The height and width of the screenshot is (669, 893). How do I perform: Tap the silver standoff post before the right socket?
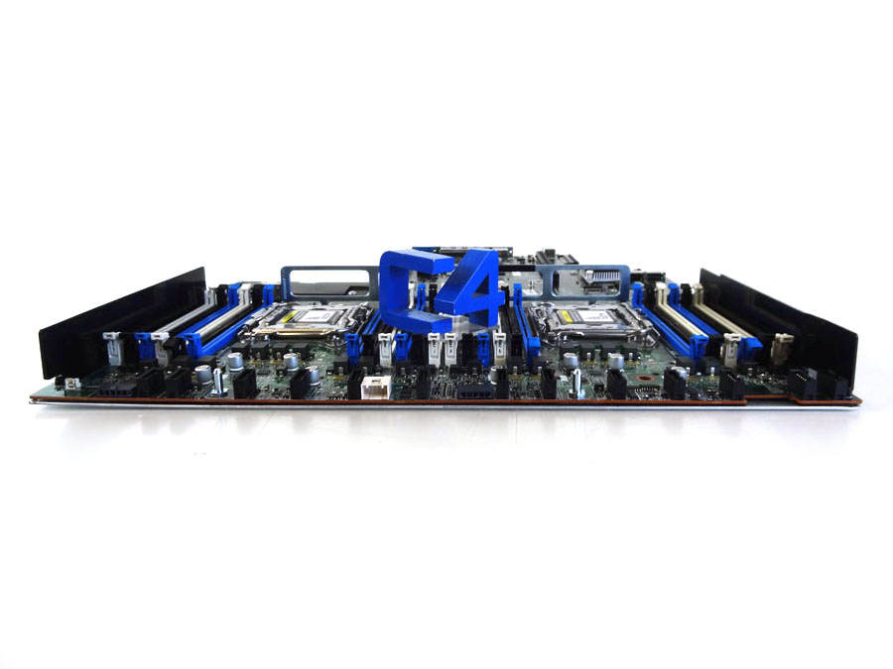[577, 386]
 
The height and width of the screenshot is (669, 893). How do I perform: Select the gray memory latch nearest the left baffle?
[111, 342]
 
